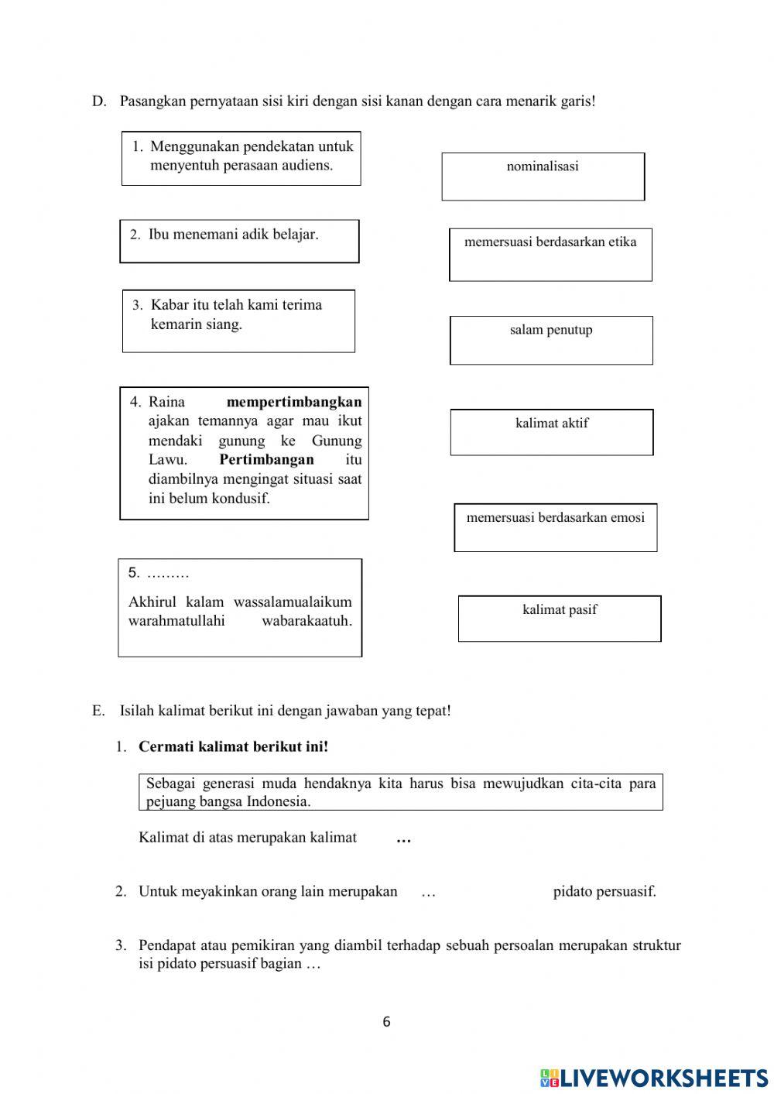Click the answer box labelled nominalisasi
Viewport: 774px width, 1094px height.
point(543,177)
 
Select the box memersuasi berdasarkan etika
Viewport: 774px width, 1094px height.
point(550,254)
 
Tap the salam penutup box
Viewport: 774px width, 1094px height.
point(551,340)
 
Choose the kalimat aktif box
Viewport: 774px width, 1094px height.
point(552,432)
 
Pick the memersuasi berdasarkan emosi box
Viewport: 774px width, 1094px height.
point(555,527)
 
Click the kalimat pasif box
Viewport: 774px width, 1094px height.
point(560,618)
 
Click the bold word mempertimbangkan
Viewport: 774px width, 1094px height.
point(294,402)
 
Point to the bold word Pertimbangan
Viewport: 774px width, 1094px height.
point(266,459)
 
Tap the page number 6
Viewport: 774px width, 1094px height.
point(386,1022)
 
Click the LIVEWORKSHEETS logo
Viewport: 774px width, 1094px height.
point(654,1077)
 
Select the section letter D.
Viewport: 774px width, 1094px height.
point(98,101)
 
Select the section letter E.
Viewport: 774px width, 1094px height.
point(98,711)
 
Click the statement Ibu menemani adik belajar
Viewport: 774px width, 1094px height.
point(233,235)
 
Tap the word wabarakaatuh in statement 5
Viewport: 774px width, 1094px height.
point(307,621)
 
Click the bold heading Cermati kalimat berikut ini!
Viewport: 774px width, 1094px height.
point(233,747)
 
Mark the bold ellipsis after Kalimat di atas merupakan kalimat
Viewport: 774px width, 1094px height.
point(403,839)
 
